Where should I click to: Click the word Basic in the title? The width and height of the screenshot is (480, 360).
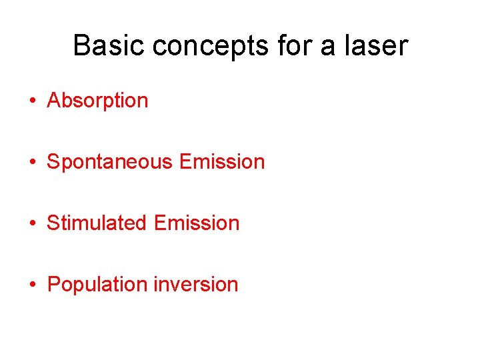tap(109, 46)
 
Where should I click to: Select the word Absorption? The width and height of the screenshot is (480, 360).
tap(97, 101)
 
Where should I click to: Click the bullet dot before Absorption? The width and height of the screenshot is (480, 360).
tap(32, 101)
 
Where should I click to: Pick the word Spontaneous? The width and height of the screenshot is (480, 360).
tap(109, 162)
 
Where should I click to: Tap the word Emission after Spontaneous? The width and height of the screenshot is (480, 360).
tap(222, 162)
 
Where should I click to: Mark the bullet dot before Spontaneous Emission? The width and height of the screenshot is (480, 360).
tap(32, 163)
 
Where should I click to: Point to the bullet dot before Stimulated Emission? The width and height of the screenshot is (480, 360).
tap(32, 224)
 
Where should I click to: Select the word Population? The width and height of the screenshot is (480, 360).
tap(97, 285)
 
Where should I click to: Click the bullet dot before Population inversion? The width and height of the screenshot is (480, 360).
tap(32, 285)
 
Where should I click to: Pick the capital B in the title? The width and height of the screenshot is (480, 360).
tap(81, 46)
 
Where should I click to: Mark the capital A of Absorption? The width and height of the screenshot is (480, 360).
tap(54, 101)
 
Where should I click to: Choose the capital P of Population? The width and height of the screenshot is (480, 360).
tap(54, 285)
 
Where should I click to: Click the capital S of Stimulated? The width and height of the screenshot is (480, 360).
tap(53, 223)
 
